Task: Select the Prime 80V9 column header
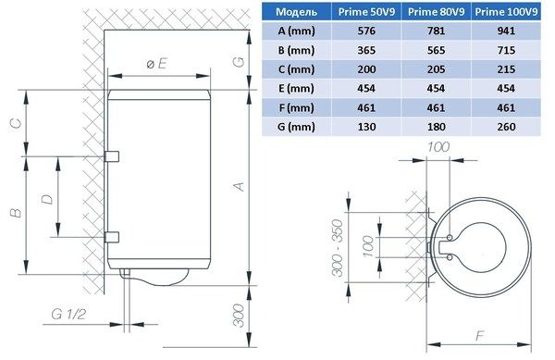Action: pos(440,13)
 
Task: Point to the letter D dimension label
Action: pos(46,196)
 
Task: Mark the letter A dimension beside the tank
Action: pos(238,186)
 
